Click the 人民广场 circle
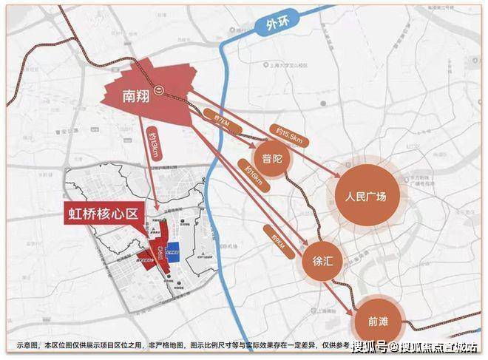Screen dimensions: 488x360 (366, 197)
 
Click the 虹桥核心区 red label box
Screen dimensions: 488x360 (103, 215)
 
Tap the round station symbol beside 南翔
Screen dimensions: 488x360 (169, 95)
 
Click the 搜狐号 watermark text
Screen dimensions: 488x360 (369, 347)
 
